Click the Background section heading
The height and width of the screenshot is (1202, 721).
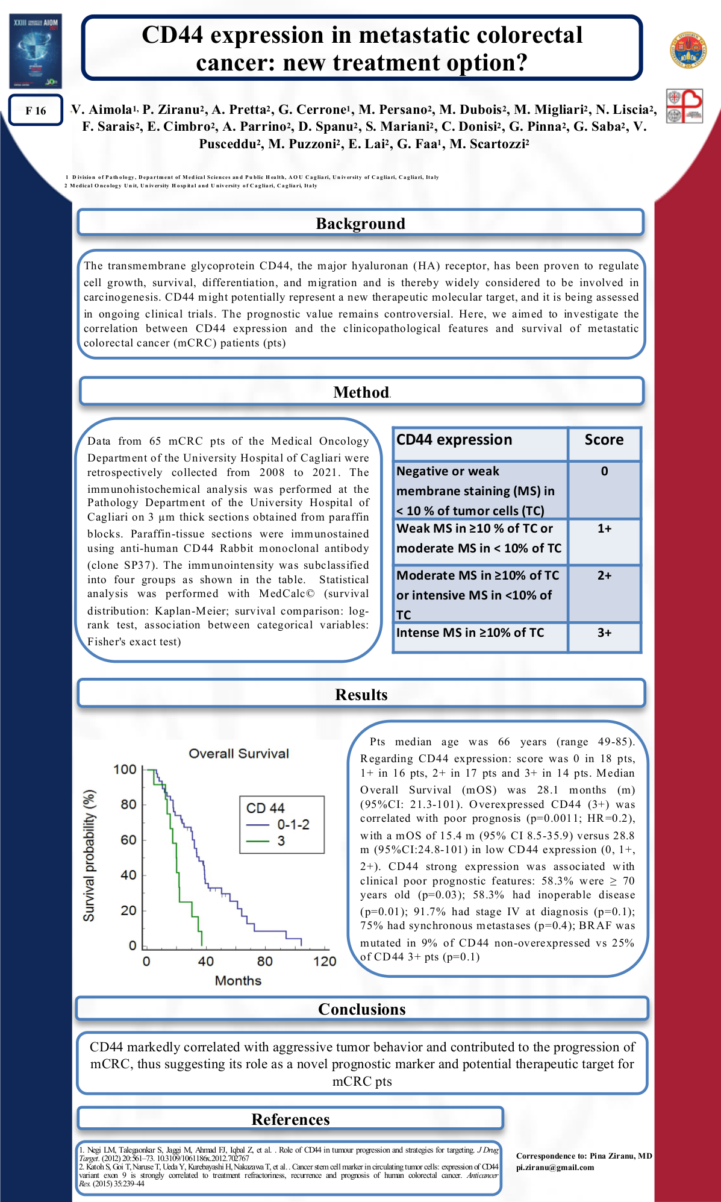(360, 224)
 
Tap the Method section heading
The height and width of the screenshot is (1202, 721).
(361, 392)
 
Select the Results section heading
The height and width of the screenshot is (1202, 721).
(361, 695)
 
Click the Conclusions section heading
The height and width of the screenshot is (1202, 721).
(361, 1009)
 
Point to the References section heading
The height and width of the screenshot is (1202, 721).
(290, 1119)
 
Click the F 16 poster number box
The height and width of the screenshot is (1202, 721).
(36, 110)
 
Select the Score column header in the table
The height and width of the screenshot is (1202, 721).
(604, 440)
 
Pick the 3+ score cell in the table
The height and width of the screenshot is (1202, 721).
(604, 633)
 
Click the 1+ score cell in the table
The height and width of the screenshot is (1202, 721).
(604, 528)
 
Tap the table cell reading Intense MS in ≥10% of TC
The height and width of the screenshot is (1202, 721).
(470, 633)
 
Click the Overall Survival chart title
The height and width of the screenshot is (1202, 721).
(239, 754)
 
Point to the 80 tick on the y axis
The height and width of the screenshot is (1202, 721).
(128, 804)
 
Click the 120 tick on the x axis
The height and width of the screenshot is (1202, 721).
(325, 962)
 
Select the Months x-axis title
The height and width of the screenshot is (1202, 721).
(238, 981)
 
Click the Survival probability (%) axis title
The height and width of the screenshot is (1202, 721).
(89, 856)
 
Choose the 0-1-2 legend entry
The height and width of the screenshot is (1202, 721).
(293, 824)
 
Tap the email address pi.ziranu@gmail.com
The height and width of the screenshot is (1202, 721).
(555, 1167)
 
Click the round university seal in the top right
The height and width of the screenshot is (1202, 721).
(687, 50)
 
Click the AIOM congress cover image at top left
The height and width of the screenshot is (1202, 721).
(36, 51)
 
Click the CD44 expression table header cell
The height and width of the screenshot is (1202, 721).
(454, 440)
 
